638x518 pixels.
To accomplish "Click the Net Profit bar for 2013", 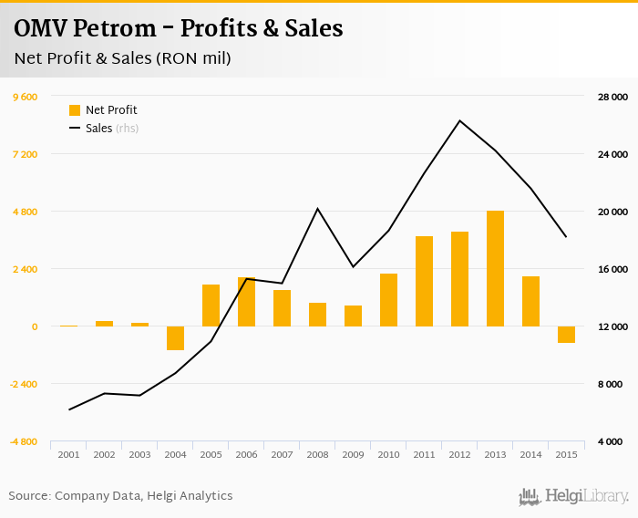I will coord(495,268).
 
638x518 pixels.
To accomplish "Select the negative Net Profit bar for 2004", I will coord(175,337).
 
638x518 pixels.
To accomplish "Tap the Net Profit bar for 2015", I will coord(566,334).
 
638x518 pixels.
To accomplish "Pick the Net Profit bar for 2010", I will coord(388,299).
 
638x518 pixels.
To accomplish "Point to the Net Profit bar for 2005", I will coord(211,305).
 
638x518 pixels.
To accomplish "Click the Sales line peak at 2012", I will coord(460,121).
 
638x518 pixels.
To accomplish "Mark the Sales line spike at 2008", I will coord(317,209).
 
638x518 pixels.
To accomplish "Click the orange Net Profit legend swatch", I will coord(75,110).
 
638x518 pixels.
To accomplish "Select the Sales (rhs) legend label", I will coord(111,129).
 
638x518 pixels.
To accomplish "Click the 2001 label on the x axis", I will coord(68,454).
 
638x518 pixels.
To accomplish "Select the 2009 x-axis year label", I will coord(353,454).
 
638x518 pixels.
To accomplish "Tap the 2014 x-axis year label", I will coord(530,454).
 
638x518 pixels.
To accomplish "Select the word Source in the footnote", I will coord(28,495).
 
